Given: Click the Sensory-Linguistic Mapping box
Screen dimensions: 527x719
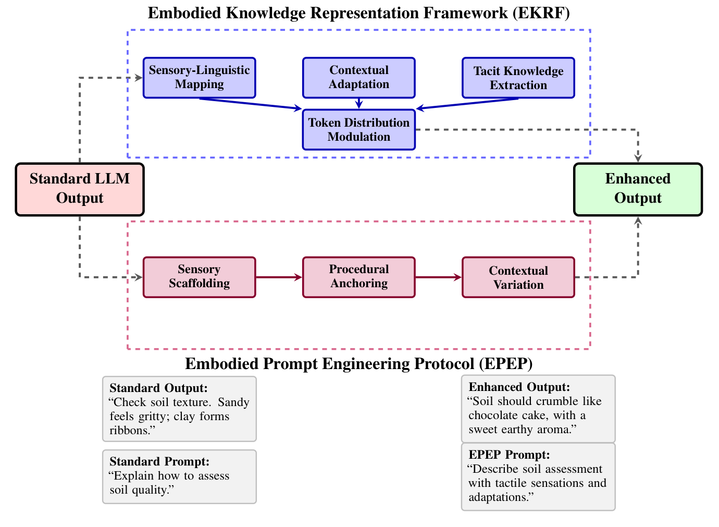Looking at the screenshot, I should pyautogui.click(x=199, y=78).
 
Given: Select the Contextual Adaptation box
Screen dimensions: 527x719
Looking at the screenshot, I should pyautogui.click(x=358, y=78).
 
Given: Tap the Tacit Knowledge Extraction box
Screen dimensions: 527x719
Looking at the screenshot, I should pyautogui.click(x=518, y=78).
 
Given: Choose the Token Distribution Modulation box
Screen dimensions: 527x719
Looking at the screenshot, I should pyautogui.click(x=358, y=130).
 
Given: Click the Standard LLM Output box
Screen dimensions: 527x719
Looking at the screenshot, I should pyautogui.click(x=80, y=189).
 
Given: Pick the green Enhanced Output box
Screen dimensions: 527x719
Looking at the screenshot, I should pyautogui.click(x=638, y=189).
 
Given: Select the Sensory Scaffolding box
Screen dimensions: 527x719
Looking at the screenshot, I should pyautogui.click(x=199, y=277).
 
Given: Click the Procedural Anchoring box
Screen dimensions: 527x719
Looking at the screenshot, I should pyautogui.click(x=358, y=277).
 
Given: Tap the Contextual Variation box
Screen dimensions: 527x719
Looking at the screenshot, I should pyautogui.click(x=518, y=277).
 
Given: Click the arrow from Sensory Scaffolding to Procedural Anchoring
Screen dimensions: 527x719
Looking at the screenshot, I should pyautogui.click(x=279, y=277).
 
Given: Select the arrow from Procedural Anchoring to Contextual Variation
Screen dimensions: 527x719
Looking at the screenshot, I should pyautogui.click(x=438, y=277).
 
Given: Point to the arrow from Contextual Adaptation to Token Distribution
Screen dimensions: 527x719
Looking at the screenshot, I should pyautogui.click(x=358, y=103).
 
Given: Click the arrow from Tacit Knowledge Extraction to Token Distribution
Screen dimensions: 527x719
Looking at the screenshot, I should pyautogui.click(x=469, y=104).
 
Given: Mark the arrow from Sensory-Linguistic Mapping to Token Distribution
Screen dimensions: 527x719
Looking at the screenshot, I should pyautogui.click(x=250, y=104).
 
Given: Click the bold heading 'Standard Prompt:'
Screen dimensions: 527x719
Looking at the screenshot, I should pyautogui.click(x=159, y=461).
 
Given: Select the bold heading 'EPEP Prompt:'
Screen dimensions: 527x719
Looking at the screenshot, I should pyautogui.click(x=509, y=455).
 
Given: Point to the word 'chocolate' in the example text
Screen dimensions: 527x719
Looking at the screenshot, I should pyautogui.click(x=492, y=415).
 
